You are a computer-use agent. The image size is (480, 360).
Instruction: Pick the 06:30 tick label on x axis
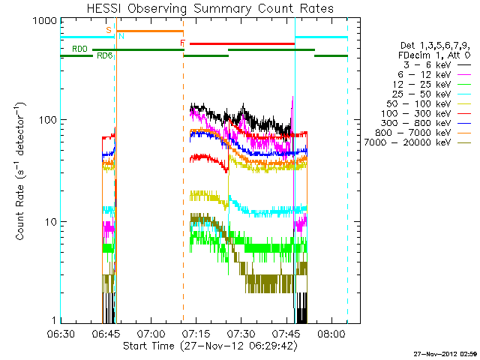coord(61,334)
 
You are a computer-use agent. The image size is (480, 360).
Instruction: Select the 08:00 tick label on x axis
coord(334,334)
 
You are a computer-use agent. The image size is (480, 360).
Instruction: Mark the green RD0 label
coord(79,49)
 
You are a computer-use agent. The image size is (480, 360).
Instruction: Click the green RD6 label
coord(104,56)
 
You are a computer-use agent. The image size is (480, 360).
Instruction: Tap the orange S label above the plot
coord(109,29)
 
